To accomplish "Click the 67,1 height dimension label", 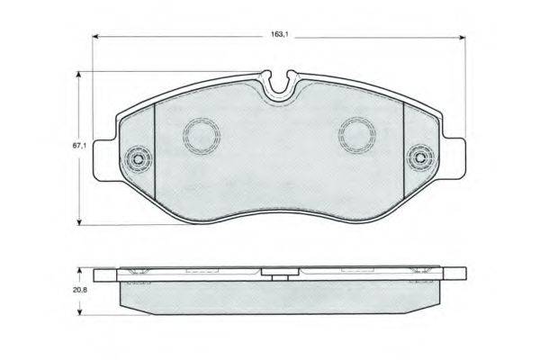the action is pos(79,146).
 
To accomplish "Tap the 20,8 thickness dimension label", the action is pos(80,290).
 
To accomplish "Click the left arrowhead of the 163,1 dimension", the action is pos(96,37).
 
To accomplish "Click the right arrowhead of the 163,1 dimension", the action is pos(462,38).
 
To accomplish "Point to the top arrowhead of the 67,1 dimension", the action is pos(79,75).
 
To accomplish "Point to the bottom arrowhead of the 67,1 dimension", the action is pos(79,222).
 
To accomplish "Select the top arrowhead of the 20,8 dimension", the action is pos(80,271).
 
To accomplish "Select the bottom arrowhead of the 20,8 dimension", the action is pos(80,311).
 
